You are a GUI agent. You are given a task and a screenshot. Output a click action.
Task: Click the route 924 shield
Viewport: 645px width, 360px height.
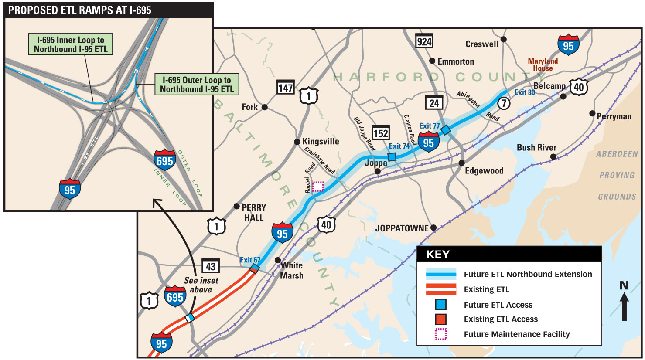pyautogui.click(x=424, y=41)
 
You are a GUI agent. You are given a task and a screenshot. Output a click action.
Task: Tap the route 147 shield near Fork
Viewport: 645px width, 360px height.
pyautogui.click(x=286, y=88)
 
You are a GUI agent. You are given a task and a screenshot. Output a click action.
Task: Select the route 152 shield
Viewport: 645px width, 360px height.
pyautogui.click(x=380, y=133)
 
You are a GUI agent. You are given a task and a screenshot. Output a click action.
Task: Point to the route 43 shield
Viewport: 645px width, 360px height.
pyautogui.click(x=211, y=266)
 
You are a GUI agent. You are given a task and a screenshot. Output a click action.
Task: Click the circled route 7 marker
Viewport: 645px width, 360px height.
pyautogui.click(x=504, y=103)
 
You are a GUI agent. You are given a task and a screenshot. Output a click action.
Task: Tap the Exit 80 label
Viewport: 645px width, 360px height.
pyautogui.click(x=524, y=92)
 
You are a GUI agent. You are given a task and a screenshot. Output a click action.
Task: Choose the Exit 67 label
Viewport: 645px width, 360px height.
pyautogui.click(x=250, y=260)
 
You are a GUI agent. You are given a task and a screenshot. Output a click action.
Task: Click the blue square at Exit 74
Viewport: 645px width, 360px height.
pyautogui.click(x=392, y=157)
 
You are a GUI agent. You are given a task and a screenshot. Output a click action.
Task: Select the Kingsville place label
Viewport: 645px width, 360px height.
pyautogui.click(x=321, y=141)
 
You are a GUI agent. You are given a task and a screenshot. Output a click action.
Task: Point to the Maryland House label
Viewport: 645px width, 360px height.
pyautogui.click(x=543, y=65)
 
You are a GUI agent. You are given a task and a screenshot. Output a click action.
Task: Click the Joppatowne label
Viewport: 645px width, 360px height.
pyautogui.click(x=402, y=228)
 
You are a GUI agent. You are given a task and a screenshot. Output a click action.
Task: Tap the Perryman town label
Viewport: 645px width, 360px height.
pyautogui.click(x=614, y=116)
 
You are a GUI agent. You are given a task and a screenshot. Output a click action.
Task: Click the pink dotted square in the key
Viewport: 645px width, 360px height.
pyautogui.click(x=441, y=334)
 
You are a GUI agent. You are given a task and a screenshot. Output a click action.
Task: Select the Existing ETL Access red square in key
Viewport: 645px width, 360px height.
pyautogui.click(x=441, y=319)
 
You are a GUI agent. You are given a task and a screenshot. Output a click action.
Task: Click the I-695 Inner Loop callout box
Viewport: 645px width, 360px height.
pyautogui.click(x=71, y=44)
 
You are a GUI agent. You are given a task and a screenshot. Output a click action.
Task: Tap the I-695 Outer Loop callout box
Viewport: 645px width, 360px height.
pyautogui.click(x=197, y=85)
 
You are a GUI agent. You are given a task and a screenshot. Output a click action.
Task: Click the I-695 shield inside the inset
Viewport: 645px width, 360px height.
pyautogui.click(x=164, y=161)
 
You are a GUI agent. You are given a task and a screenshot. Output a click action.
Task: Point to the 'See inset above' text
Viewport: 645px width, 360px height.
pyautogui.click(x=201, y=285)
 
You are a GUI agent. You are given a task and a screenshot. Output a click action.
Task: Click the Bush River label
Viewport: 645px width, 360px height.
pyautogui.click(x=536, y=148)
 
